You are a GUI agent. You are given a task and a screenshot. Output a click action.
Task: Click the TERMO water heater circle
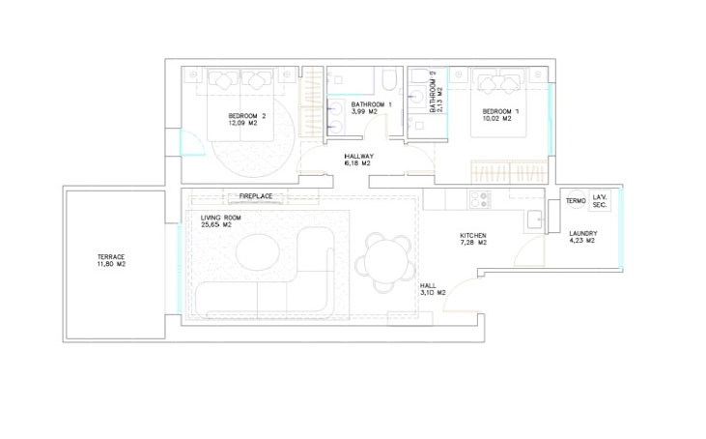(575, 200)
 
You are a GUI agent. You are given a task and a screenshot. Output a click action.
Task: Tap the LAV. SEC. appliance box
(600, 201)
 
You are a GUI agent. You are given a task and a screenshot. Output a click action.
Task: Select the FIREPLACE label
(256, 196)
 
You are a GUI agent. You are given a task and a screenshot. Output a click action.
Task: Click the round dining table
(384, 262)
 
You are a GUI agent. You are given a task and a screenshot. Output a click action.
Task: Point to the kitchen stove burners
(480, 199)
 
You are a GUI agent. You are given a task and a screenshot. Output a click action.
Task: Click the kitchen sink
(535, 219)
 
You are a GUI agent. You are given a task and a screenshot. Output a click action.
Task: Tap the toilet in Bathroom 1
(389, 78)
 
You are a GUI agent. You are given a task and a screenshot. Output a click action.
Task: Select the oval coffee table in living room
(258, 251)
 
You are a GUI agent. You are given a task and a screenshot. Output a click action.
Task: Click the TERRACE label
(111, 257)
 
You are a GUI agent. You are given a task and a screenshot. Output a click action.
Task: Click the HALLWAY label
(359, 157)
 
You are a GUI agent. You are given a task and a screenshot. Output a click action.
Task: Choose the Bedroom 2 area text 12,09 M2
(242, 123)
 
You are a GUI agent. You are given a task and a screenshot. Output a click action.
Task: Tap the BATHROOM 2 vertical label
(434, 92)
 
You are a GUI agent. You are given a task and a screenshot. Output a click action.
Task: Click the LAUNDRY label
(583, 233)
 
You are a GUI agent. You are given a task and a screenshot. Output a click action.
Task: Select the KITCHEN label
(473, 235)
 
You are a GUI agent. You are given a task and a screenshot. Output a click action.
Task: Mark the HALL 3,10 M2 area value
(433, 293)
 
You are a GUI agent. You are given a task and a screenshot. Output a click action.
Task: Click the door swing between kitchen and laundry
(530, 250)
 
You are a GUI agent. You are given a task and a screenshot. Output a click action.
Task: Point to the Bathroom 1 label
(372, 104)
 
